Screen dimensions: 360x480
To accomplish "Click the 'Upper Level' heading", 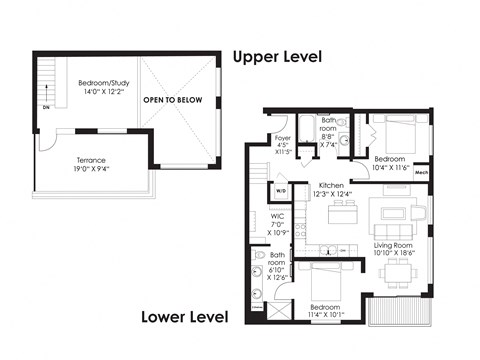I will tap(276, 57).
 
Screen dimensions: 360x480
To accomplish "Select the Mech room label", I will tap(422, 173).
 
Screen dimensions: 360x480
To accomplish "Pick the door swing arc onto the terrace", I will tap(47, 146).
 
